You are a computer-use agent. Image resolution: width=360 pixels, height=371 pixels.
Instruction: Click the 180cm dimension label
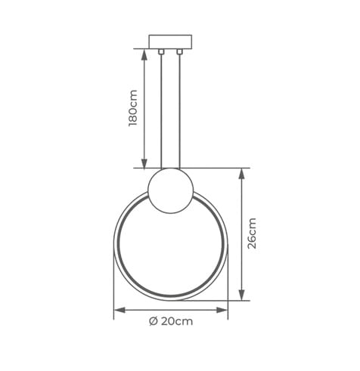coord(132,107)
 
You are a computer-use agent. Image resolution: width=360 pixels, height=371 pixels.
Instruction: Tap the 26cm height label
coord(252,233)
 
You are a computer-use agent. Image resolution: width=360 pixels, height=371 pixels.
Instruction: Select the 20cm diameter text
coord(177,321)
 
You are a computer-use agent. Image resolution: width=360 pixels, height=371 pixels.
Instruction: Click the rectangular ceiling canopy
coord(170,42)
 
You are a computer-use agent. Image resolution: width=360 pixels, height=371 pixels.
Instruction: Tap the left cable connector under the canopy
coord(161,51)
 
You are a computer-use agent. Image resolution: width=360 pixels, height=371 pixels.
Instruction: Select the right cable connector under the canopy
coord(179,51)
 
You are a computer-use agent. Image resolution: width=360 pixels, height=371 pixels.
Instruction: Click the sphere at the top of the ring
coord(170,190)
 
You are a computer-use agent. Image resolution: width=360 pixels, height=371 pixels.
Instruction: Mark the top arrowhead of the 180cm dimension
coord(144,53)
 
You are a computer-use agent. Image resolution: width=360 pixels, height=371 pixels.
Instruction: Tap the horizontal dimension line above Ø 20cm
coord(170,309)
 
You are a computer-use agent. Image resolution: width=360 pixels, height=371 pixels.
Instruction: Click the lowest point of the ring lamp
coord(170,297)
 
